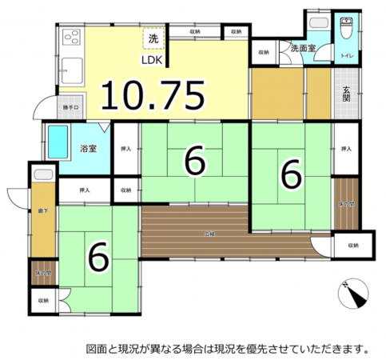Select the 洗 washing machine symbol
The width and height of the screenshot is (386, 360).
(x=152, y=38)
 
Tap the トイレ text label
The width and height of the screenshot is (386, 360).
(x=348, y=57)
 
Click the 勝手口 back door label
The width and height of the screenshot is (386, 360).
(x=70, y=107)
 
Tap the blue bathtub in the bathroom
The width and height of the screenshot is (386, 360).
(x=60, y=142)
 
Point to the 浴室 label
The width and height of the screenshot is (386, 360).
(x=88, y=148)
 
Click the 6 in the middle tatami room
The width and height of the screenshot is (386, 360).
(x=194, y=161)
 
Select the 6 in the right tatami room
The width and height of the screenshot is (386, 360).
(x=291, y=172)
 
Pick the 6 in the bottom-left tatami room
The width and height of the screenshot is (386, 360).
(x=97, y=256)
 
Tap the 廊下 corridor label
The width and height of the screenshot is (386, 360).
(x=42, y=210)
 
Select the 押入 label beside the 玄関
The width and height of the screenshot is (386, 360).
(x=345, y=150)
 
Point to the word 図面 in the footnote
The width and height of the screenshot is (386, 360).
(x=97, y=349)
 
